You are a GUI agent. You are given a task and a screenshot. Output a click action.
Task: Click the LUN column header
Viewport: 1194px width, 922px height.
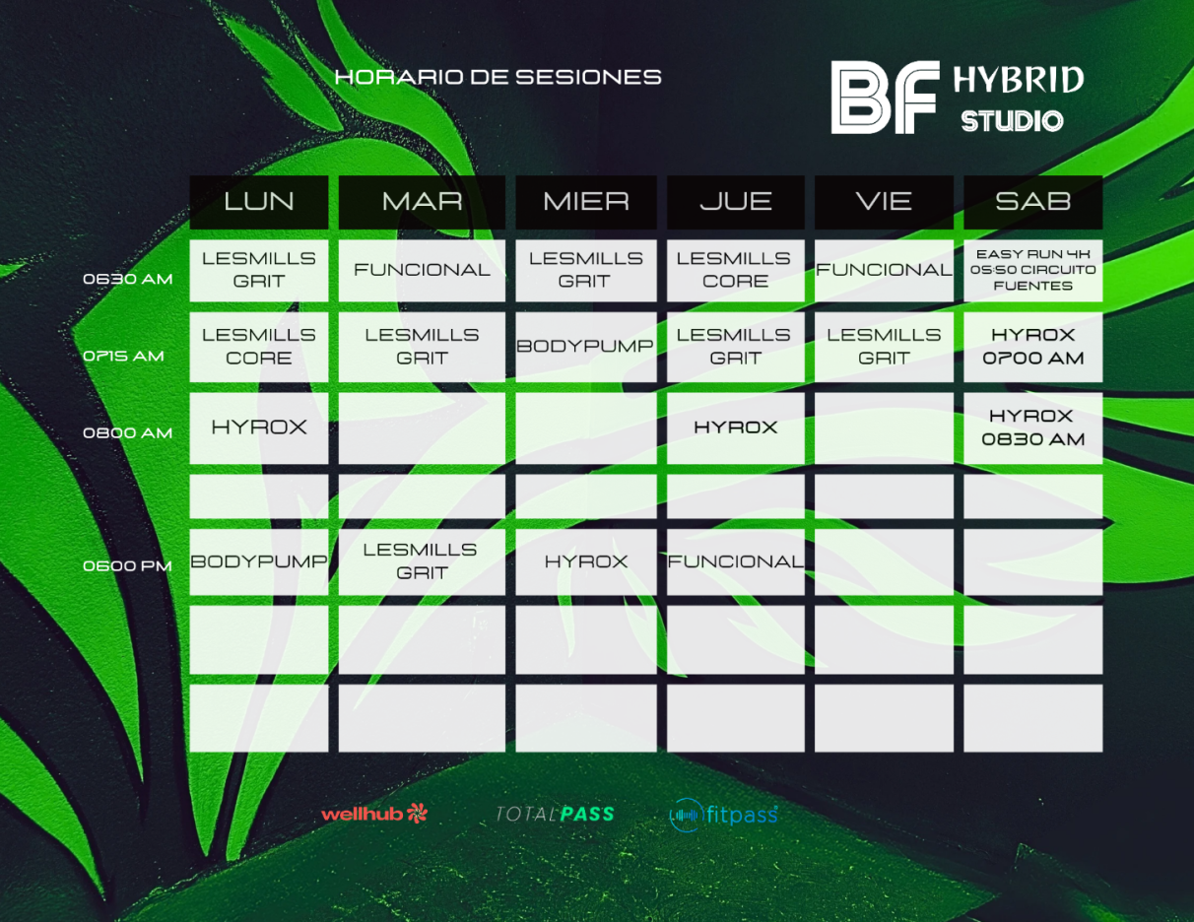(259, 202)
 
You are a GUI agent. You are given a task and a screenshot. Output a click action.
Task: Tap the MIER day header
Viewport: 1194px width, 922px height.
(586, 202)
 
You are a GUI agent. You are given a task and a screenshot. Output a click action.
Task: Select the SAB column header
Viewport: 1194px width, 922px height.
(1033, 202)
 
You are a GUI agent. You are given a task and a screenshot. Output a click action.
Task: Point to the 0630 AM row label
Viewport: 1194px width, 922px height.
(127, 279)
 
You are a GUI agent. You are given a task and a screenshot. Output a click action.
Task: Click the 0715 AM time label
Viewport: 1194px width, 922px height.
(123, 356)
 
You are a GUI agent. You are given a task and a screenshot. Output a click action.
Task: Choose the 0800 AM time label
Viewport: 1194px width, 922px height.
(127, 432)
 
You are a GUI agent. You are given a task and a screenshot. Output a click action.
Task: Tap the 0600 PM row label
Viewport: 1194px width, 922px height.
(127, 565)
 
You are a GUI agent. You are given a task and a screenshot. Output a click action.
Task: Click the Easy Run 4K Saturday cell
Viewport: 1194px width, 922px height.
(1033, 270)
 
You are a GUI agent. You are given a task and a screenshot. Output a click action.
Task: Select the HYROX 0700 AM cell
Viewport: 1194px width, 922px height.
(1033, 347)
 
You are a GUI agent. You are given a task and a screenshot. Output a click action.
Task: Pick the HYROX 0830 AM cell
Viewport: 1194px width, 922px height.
(1033, 428)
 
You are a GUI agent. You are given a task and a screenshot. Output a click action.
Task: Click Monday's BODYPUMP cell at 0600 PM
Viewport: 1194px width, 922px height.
(259, 561)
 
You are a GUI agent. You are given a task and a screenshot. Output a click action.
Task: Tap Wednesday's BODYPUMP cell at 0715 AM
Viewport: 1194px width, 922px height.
(586, 347)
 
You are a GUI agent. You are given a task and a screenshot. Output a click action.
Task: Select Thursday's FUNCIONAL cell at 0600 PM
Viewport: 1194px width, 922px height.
(736, 561)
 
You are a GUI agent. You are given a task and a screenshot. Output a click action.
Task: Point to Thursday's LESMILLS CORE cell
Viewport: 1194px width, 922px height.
(736, 270)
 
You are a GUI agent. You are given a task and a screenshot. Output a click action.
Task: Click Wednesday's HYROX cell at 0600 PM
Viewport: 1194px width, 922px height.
(586, 561)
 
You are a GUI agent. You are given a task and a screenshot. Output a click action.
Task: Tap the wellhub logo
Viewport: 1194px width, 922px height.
(374, 814)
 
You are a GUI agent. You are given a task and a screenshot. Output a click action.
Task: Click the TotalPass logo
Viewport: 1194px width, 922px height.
(555, 814)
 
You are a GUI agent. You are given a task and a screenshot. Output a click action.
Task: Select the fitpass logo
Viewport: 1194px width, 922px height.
(723, 815)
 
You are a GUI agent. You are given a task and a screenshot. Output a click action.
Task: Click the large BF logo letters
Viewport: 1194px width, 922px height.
(885, 98)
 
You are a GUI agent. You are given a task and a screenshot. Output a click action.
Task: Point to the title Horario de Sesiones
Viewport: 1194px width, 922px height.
(497, 77)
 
